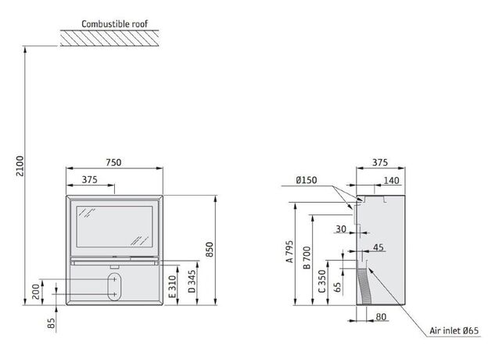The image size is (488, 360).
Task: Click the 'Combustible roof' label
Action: [114, 23]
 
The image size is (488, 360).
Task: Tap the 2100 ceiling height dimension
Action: [20, 166]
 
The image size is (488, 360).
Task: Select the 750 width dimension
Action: [113, 162]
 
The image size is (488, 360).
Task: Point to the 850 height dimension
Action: [210, 250]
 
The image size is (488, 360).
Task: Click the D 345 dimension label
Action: [192, 281]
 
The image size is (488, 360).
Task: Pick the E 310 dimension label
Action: [172, 286]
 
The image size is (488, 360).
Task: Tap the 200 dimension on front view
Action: [36, 291]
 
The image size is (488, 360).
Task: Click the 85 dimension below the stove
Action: [52, 323]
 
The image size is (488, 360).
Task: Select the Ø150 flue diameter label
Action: [307, 180]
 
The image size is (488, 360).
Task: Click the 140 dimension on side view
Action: [391, 180]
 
